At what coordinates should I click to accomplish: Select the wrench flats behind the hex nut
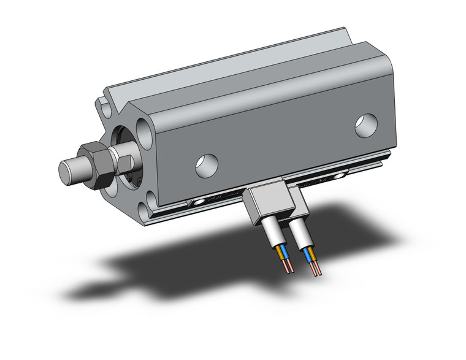click(125, 164)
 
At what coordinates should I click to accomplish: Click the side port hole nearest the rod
click(206, 164)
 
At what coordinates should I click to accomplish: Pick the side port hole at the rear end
click(366, 125)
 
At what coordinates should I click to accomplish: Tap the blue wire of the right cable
click(307, 255)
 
